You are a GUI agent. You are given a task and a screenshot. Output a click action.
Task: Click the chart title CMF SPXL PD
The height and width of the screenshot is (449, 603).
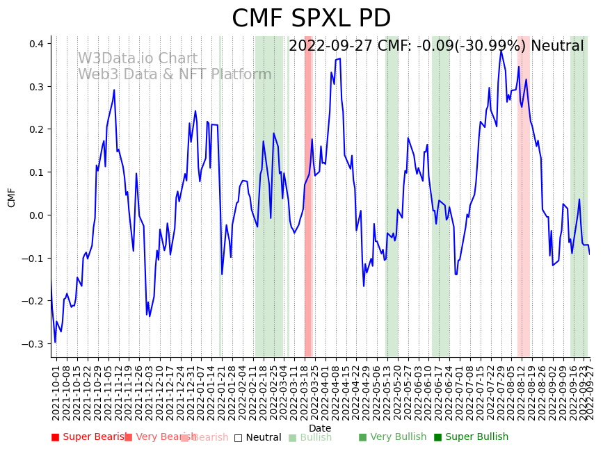coord(311,19)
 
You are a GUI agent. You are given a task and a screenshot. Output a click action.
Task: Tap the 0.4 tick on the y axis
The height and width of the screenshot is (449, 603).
coord(35,44)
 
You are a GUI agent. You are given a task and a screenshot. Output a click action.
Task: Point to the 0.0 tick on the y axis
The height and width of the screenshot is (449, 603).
coord(35,215)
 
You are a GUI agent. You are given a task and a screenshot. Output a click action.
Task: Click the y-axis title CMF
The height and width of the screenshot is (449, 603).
coord(12,197)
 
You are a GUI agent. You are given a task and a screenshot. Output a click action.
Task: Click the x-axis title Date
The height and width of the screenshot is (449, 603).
coord(320,428)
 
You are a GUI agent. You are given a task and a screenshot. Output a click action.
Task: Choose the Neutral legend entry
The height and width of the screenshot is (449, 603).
coord(258,437)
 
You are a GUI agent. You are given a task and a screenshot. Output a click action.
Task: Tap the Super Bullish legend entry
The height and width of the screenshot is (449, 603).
coord(471,437)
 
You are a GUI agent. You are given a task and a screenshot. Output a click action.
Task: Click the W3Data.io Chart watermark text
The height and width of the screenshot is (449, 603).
coord(137,59)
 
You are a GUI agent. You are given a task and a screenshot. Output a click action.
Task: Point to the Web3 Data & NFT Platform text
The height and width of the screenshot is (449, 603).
coord(175,74)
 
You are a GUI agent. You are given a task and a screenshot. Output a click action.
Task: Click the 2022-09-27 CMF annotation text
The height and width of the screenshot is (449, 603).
coord(436,47)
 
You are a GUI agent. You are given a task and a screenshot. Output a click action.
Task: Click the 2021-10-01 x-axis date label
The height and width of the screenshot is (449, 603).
coord(56,393)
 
